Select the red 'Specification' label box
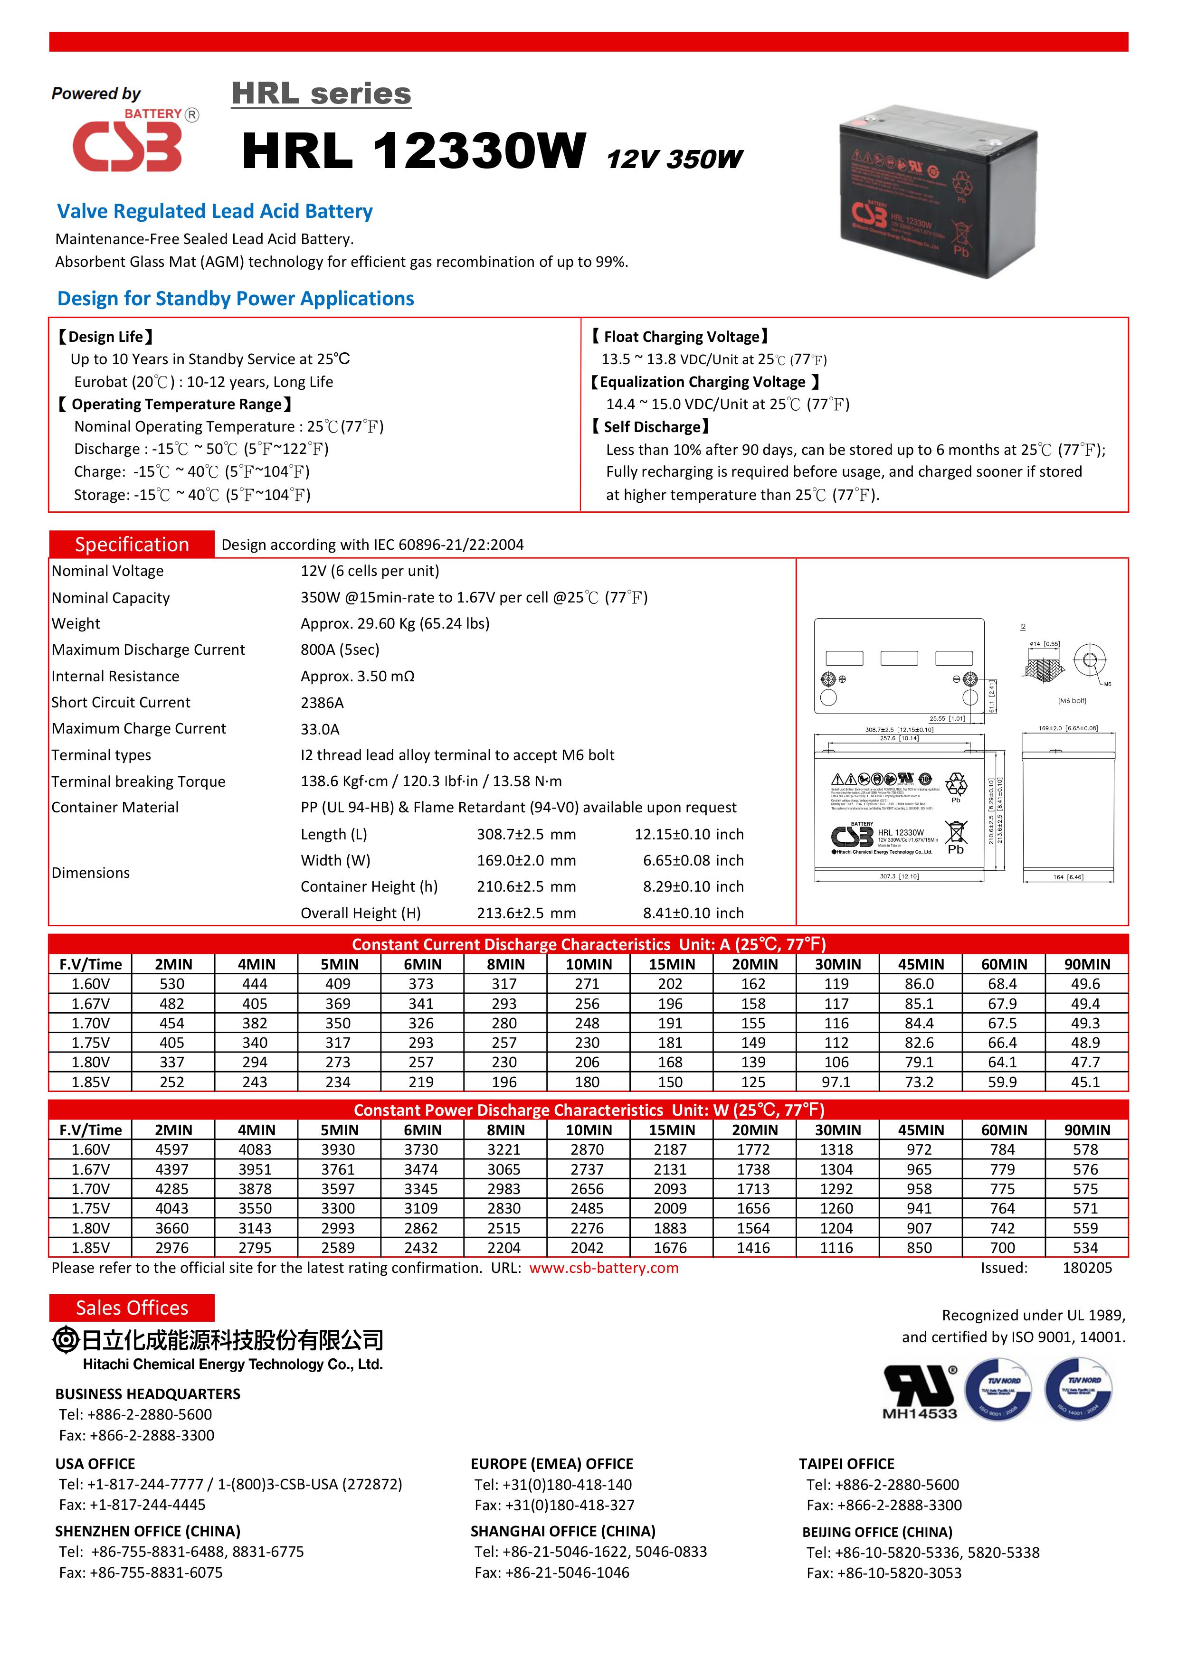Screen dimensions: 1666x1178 point(132,544)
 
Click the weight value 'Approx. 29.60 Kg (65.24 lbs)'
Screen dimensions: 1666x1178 point(395,623)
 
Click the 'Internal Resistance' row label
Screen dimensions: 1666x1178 point(115,676)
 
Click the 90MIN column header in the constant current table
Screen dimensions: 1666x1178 point(1086,964)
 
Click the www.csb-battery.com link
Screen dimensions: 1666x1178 point(604,1268)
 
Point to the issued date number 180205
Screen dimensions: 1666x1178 point(1086,1268)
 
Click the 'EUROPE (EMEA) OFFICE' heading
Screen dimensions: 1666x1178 point(551,1464)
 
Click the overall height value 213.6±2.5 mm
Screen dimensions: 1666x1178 point(526,913)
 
